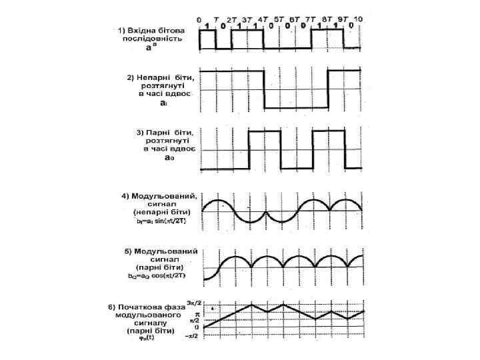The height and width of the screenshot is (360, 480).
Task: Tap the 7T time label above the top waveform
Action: [311, 19]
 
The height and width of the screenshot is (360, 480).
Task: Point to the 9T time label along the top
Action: [343, 19]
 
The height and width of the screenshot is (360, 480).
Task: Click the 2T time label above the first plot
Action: [231, 19]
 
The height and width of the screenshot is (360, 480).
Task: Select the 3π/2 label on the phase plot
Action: [194, 303]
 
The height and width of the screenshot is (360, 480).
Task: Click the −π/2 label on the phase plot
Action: [193, 337]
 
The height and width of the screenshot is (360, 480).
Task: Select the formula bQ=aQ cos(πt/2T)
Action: [159, 275]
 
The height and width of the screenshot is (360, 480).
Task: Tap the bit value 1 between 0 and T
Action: [207, 27]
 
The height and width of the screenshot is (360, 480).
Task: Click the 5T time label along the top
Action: [279, 19]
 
